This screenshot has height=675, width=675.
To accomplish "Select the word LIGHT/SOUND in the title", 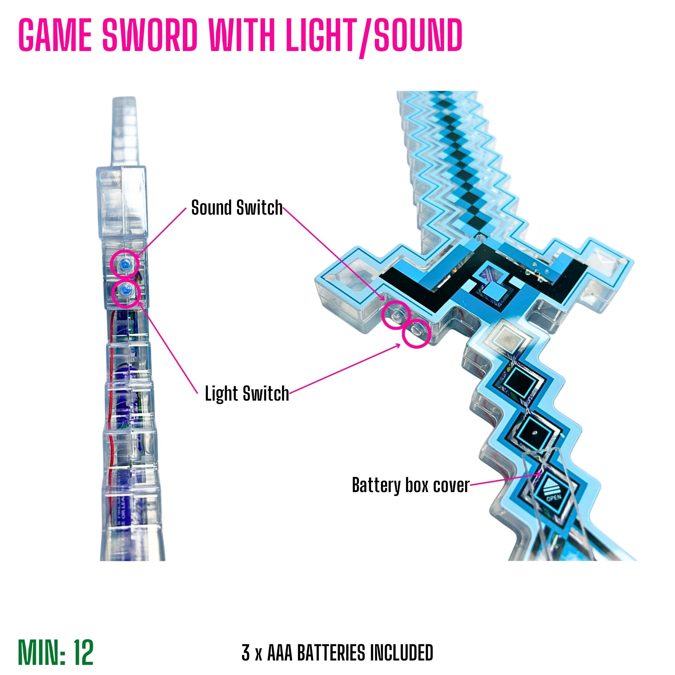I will point(374,36).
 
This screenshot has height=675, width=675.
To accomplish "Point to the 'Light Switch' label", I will point(247,394).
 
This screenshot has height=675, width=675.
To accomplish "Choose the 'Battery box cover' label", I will point(410,485).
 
